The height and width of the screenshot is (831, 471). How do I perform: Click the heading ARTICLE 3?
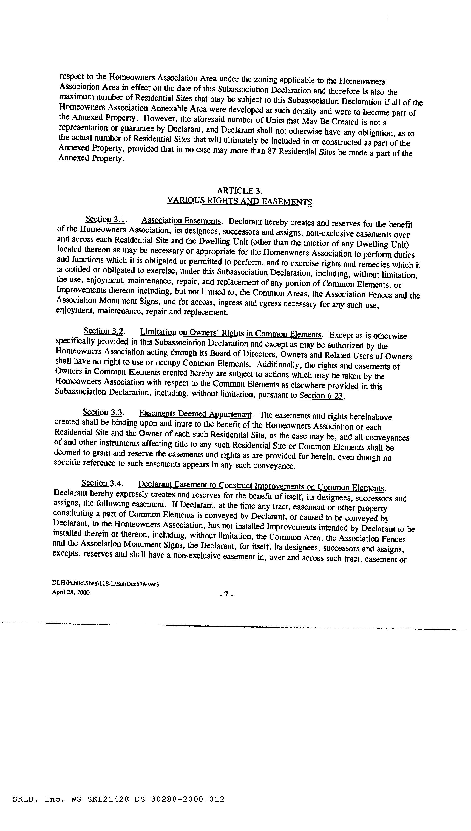(239, 191)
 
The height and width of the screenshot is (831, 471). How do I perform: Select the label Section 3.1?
(105, 220)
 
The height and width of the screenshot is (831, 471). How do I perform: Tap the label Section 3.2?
(104, 331)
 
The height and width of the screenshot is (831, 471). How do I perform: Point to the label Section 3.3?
(103, 412)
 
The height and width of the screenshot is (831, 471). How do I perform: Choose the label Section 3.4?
(102, 483)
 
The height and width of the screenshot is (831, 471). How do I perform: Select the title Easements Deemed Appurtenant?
(195, 414)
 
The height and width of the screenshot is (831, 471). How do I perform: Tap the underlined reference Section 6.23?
(321, 396)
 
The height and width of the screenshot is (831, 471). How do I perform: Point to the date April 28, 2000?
(71, 593)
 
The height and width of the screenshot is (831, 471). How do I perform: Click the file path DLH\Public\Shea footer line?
(105, 584)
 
